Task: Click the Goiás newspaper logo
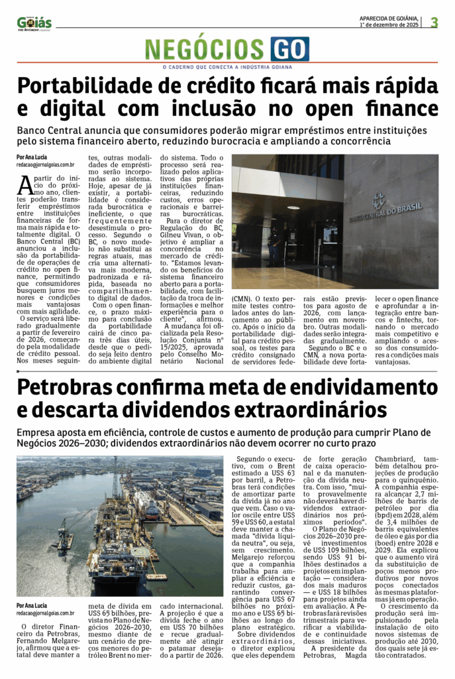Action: coord(34,23)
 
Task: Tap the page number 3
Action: coord(434,22)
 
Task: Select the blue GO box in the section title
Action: coord(289,50)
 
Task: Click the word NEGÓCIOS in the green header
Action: coord(205,50)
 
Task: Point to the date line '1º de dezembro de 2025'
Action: coord(390,25)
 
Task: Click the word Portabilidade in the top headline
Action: coord(95,86)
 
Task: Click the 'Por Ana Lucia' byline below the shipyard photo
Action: coord(32,605)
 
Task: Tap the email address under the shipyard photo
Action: coord(45,613)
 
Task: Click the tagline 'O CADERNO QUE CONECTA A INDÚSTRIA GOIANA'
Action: coord(227,67)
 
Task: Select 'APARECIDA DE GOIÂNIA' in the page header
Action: coord(388,18)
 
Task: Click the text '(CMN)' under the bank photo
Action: coord(241,300)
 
